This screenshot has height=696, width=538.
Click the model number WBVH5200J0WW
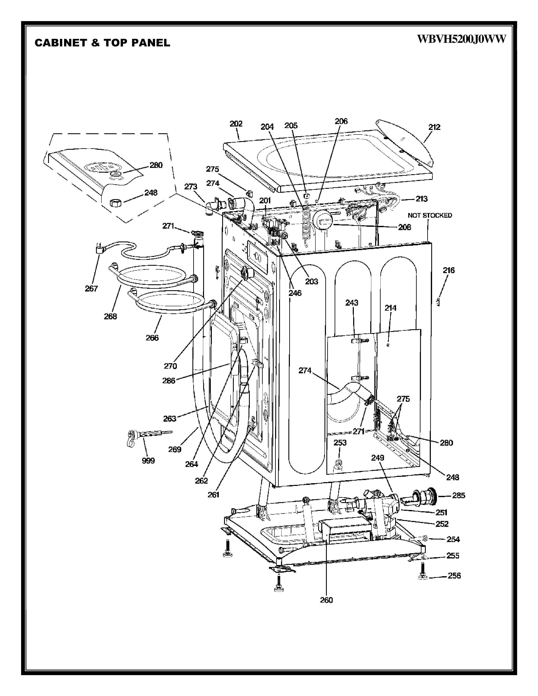(x=461, y=39)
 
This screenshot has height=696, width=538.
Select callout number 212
(x=434, y=127)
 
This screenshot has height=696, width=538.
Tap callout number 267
(x=91, y=289)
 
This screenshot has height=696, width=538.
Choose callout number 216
(x=449, y=270)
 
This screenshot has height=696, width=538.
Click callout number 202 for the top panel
(x=236, y=124)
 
